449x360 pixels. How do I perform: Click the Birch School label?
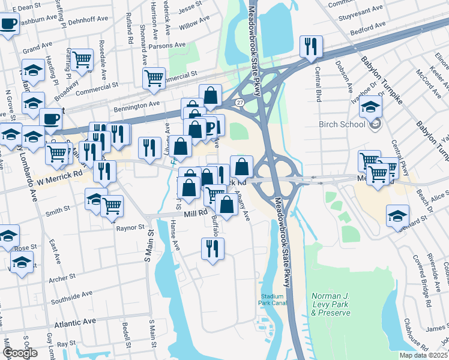(343, 124)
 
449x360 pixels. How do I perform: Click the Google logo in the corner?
(19, 353)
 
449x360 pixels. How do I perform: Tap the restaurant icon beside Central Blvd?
(311, 47)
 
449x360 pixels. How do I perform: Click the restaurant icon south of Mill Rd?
(212, 248)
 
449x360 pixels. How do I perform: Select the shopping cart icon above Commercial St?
(154, 77)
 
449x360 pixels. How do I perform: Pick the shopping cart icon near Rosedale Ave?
(82, 60)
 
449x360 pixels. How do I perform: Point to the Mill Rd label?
(195, 212)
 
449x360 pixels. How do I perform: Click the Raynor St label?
(130, 228)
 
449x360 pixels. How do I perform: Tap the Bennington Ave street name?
(137, 106)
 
